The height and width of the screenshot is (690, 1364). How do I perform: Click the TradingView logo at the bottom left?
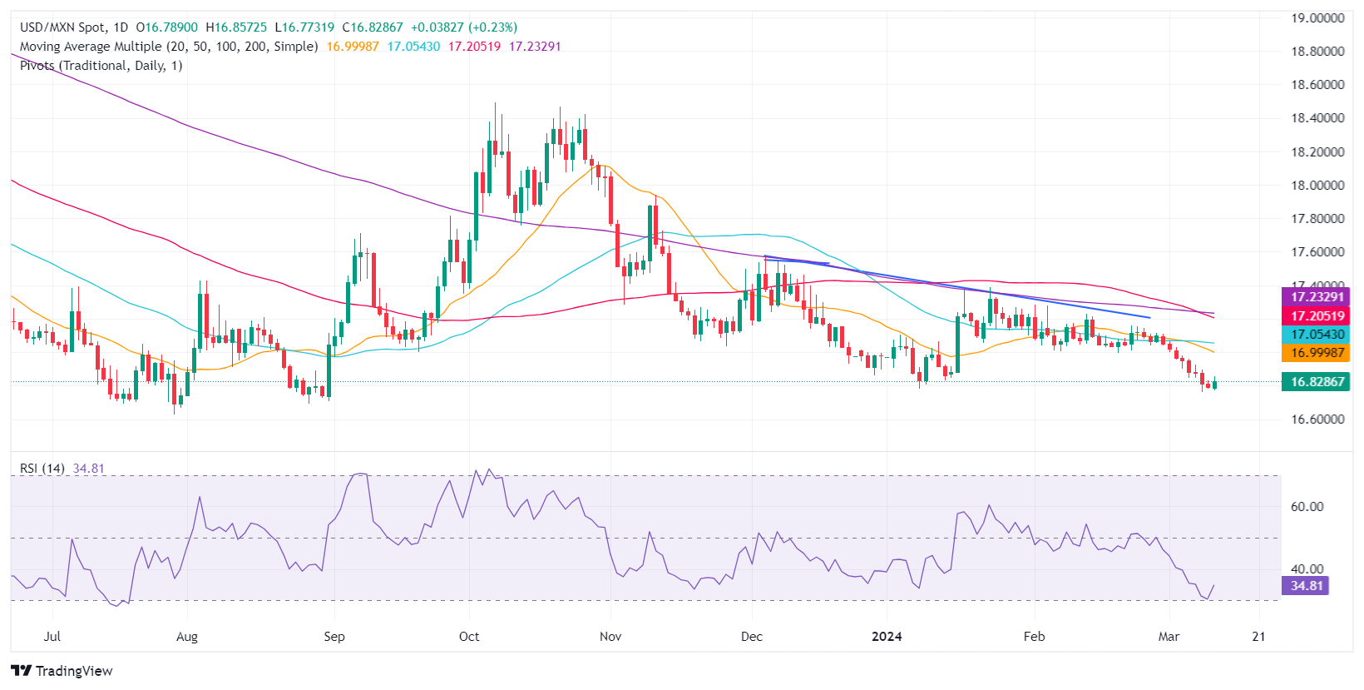tap(62, 671)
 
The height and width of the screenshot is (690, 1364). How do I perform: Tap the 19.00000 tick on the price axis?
tap(1317, 17)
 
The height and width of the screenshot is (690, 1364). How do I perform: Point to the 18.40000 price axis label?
tap(1317, 118)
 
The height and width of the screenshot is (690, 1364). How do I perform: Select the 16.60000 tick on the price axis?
tap(1317, 419)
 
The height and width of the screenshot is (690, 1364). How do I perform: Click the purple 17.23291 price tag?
tap(1317, 297)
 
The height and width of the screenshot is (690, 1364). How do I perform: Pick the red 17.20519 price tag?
tap(1317, 316)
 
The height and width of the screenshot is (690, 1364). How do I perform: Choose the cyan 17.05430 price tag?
tap(1317, 335)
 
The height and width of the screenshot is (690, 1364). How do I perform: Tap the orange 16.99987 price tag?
tap(1317, 353)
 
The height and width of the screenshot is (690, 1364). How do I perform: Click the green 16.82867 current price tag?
tap(1317, 382)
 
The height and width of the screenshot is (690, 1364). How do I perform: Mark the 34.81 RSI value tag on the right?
tap(1307, 586)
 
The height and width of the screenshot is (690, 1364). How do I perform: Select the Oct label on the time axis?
tap(469, 637)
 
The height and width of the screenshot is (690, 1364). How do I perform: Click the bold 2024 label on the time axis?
tap(887, 637)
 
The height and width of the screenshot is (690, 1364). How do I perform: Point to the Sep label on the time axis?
tap(334, 637)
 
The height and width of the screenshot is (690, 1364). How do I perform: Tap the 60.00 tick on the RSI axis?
tap(1307, 507)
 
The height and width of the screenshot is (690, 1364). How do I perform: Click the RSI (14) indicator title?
tap(42, 469)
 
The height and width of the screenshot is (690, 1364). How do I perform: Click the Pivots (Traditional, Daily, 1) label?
tap(101, 66)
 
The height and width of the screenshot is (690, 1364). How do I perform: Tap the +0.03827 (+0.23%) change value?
tap(464, 27)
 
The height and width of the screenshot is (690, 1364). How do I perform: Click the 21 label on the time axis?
tap(1259, 637)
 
